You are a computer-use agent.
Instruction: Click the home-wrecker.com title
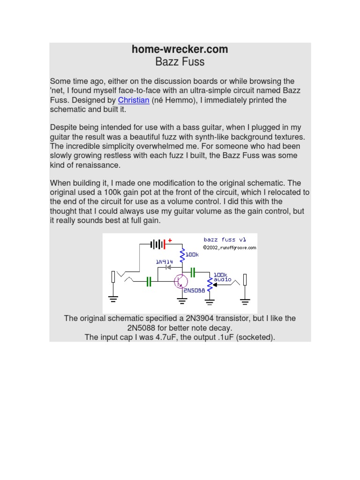pyautogui.click(x=180, y=49)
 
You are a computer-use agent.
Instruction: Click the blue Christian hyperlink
pyautogui.click(x=134, y=100)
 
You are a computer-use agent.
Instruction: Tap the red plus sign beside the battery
pyautogui.click(x=170, y=240)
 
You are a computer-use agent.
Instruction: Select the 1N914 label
pyautogui.click(x=165, y=262)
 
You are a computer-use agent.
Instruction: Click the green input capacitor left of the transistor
pyautogui.click(x=149, y=281)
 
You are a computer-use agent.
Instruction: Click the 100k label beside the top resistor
pyautogui.click(x=192, y=254)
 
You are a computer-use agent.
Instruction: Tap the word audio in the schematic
pyautogui.click(x=222, y=279)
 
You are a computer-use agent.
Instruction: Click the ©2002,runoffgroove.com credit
pyautogui.click(x=230, y=247)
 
